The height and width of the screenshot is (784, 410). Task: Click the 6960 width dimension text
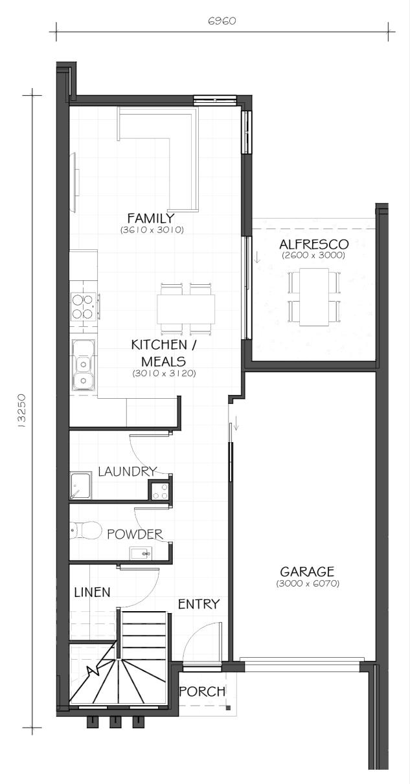[222, 21]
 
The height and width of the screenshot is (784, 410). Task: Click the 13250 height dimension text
[21, 410]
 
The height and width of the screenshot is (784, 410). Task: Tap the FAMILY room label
[151, 218]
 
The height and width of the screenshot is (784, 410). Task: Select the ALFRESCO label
[313, 244]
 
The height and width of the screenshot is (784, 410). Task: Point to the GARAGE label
[307, 572]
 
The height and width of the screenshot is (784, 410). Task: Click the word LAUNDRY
[127, 471]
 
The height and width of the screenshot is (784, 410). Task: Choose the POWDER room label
[135, 534]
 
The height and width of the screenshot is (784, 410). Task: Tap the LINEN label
[93, 592]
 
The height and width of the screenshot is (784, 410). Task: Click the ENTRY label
[198, 604]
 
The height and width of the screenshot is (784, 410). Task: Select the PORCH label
[202, 691]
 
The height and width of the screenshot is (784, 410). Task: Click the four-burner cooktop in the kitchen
[84, 306]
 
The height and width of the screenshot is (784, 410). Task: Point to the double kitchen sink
[84, 364]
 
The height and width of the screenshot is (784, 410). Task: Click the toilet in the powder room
[85, 530]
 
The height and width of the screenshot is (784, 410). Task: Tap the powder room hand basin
[141, 554]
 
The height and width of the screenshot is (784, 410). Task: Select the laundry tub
[81, 486]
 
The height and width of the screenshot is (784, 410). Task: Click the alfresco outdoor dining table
[314, 297]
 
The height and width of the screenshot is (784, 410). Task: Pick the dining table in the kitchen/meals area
[186, 309]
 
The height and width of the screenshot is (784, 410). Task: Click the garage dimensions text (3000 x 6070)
[308, 583]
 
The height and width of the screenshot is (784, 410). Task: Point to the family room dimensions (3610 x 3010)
[152, 230]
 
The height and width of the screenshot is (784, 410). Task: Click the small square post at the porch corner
[228, 708]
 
